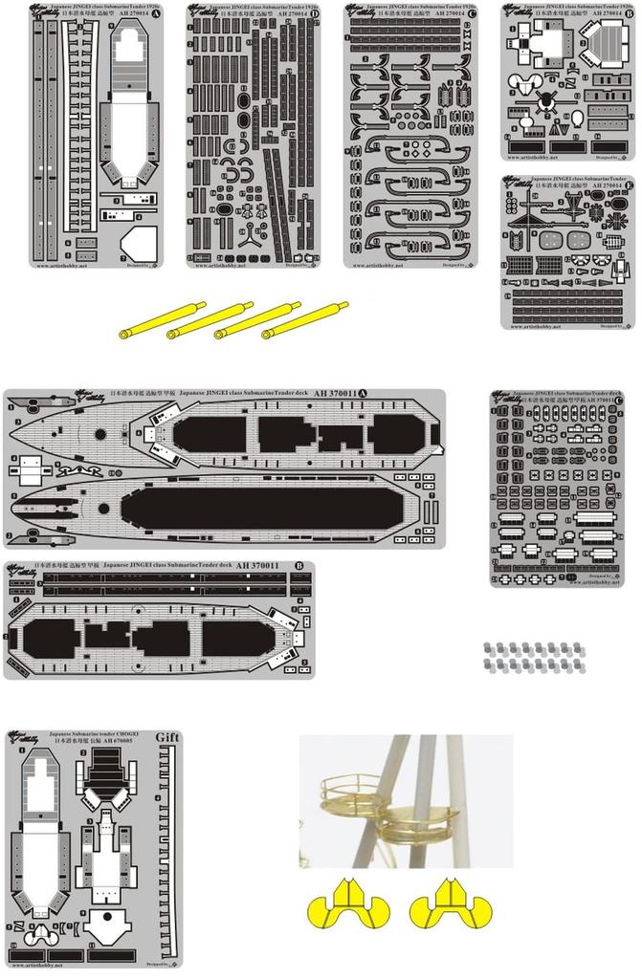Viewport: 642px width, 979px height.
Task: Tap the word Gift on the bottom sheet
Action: pos(166,737)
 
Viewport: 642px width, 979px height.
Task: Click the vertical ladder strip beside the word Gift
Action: pos(171,851)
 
